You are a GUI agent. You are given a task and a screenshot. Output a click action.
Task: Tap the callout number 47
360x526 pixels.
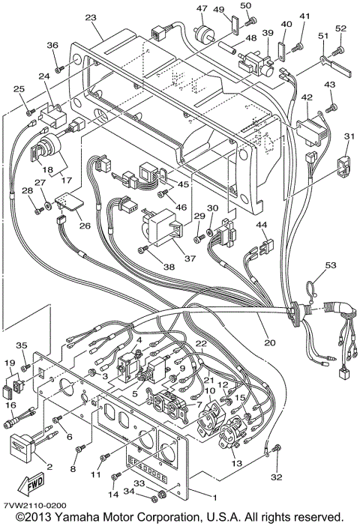click(202, 8)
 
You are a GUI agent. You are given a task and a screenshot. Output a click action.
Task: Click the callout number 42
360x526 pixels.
click(307, 97)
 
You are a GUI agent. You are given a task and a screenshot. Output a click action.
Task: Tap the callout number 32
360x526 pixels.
click(277, 477)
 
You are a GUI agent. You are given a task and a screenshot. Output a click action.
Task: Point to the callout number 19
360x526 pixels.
click(10, 363)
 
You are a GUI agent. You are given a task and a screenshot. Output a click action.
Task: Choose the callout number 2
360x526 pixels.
click(49, 466)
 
